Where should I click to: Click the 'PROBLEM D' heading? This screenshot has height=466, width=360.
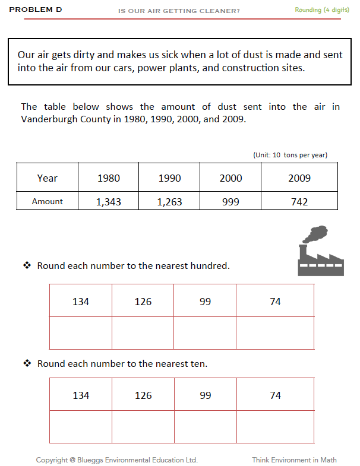36,10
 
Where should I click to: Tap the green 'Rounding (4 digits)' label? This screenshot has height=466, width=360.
321,10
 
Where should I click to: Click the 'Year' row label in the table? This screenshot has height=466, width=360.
48,178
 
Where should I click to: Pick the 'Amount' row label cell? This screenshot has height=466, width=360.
48,201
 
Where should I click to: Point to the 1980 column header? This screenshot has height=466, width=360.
108,178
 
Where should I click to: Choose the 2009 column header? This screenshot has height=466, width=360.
299,178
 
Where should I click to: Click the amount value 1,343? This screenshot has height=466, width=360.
108,202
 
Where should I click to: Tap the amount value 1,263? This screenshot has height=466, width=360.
169,202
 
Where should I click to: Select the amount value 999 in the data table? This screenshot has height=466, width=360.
230,202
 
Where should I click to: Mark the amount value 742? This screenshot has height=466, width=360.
299,202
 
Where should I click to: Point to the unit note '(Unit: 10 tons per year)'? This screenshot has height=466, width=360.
290,155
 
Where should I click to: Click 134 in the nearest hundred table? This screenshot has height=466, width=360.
81,302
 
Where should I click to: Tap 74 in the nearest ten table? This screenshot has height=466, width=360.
275,395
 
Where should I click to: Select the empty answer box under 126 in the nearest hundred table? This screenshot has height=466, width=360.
143,333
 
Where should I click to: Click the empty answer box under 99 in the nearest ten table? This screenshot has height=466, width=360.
206,427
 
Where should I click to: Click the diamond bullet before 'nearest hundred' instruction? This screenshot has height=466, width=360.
27,265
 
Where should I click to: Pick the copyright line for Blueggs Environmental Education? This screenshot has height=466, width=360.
117,460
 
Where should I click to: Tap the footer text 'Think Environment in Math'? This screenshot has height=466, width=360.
294,460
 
